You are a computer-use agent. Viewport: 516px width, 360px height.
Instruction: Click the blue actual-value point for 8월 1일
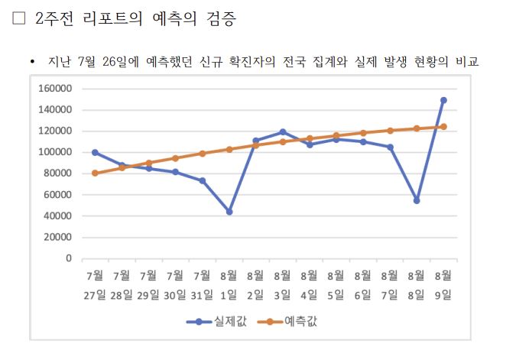[x=229, y=212]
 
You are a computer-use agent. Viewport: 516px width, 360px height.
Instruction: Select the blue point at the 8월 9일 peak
[x=443, y=100]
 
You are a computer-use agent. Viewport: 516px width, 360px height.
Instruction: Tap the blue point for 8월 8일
[x=417, y=200]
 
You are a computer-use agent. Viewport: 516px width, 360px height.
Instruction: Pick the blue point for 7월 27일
[x=95, y=152]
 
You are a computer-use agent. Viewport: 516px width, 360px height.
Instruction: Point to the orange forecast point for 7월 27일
[x=95, y=173]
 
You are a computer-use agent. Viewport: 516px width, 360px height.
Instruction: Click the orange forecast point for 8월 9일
[x=443, y=127]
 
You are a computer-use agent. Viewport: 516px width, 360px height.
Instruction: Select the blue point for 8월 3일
[x=282, y=132]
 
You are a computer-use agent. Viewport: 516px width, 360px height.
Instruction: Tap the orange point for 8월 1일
[x=229, y=149]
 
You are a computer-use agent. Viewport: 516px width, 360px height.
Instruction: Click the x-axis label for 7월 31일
[x=202, y=283]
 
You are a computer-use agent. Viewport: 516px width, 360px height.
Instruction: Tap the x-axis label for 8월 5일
[x=336, y=283]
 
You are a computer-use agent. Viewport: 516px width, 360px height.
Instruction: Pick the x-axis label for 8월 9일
[x=443, y=283]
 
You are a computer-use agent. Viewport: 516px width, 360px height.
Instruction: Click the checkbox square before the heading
[x=19, y=20]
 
